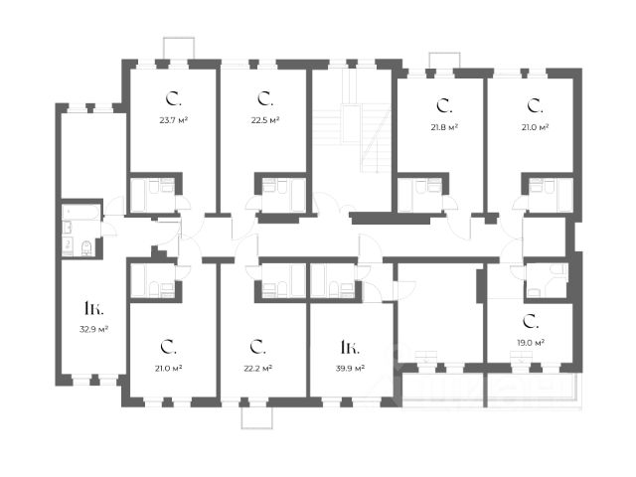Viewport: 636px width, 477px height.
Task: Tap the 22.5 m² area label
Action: (264, 121)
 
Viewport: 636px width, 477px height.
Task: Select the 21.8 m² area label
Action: (443, 127)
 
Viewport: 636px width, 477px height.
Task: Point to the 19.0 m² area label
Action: (532, 344)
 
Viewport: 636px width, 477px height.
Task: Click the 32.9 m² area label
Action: (95, 328)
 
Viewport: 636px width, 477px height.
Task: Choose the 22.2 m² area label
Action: (257, 368)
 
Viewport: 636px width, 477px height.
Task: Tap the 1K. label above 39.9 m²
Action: (349, 347)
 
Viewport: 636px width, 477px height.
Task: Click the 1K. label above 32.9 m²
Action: (94, 306)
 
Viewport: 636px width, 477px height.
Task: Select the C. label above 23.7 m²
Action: (172, 99)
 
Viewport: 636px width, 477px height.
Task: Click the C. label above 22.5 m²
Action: (264, 99)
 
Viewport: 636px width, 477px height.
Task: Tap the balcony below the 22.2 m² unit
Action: (256, 416)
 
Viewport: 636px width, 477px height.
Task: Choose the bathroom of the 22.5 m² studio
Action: (281, 193)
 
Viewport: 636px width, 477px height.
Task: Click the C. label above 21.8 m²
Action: (443, 104)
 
